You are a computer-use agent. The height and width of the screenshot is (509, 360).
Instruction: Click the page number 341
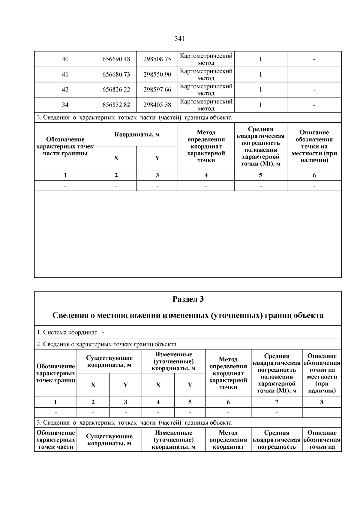coord(179,39)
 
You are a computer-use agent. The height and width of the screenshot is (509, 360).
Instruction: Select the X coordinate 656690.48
coord(116,59)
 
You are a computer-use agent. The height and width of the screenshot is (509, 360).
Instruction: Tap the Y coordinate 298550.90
coord(157,74)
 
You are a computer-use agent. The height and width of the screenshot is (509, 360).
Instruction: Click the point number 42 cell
coord(65,90)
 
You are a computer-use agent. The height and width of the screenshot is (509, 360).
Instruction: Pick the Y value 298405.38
coord(157,105)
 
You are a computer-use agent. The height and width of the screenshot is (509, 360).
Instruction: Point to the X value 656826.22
coord(116,90)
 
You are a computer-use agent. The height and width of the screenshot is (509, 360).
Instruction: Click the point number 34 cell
coord(65,105)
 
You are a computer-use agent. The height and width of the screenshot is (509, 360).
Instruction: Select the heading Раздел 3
coord(188,299)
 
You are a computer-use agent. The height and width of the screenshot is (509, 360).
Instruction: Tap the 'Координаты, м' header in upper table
coord(137,134)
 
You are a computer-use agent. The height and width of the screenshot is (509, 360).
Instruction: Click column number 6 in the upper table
coord(314,175)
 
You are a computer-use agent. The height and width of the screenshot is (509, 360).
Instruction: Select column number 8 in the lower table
coord(322,402)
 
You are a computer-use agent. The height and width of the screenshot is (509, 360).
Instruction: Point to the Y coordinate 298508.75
coord(157,59)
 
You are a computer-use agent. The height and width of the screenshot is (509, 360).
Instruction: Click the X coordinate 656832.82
coord(116,105)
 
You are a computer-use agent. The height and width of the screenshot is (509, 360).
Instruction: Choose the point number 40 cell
coord(65,59)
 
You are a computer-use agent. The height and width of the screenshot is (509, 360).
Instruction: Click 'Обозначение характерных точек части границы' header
coord(65,146)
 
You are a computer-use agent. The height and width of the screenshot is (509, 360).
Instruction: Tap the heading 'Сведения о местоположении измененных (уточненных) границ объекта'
coord(188,316)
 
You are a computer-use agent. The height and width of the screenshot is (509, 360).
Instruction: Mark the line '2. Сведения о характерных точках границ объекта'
coord(106,344)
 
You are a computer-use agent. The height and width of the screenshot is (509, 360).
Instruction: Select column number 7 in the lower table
coord(277,402)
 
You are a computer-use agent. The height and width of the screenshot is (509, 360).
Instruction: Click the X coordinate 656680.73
coord(116,74)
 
